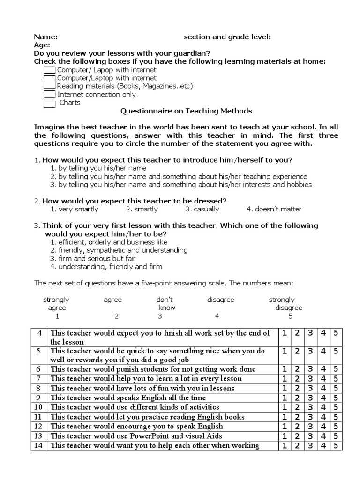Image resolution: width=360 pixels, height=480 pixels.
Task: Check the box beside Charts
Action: tap(49, 104)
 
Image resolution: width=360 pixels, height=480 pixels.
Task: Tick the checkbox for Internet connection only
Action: tap(49, 95)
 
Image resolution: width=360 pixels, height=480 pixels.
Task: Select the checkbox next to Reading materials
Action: tap(49, 86)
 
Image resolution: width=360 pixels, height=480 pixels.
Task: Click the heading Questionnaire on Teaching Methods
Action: tap(187, 111)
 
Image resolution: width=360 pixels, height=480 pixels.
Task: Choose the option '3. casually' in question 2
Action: tap(202, 209)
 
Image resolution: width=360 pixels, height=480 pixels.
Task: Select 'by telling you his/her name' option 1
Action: tap(98, 168)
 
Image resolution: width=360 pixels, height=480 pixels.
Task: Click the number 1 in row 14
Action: tap(285, 445)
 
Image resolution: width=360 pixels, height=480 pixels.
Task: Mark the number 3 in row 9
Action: tap(310, 397)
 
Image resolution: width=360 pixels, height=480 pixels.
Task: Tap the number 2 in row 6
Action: tap(297, 369)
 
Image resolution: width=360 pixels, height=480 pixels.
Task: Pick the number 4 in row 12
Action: tap(323, 426)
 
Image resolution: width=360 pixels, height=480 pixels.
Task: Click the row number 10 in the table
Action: tap(39, 407)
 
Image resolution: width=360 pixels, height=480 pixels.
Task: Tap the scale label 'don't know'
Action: tap(165, 304)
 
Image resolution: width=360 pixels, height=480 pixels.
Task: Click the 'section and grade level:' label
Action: tap(227, 37)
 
